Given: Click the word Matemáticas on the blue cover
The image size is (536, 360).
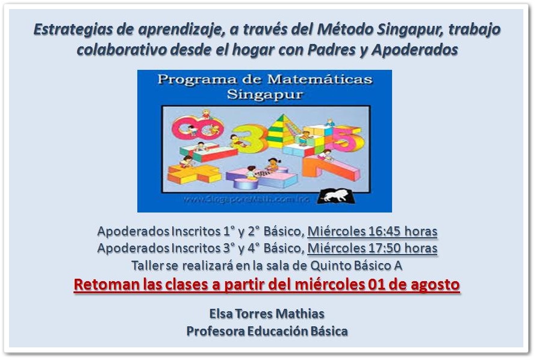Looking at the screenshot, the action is (320, 79).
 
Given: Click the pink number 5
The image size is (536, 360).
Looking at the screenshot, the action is (346, 138).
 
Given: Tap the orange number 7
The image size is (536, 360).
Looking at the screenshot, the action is (330, 168).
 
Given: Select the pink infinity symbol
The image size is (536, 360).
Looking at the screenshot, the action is (198, 128).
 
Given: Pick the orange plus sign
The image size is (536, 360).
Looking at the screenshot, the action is (193, 173).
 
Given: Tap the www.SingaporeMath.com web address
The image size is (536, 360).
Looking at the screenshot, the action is (246, 199).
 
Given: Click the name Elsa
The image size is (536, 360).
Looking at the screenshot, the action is (221, 314).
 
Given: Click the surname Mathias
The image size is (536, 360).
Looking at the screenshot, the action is (300, 314).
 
